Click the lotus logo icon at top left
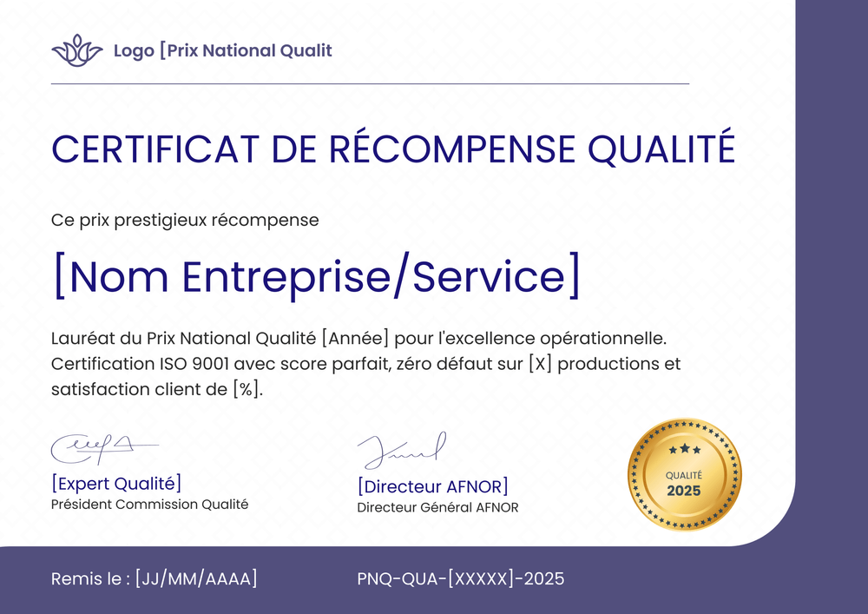(x=77, y=50)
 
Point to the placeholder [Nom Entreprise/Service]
(x=316, y=274)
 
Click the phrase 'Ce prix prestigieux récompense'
(x=185, y=220)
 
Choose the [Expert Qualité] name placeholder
(x=116, y=484)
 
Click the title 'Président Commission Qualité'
(x=149, y=504)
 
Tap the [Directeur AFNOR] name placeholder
(x=432, y=486)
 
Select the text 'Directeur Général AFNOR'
(x=437, y=507)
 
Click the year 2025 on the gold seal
(x=684, y=491)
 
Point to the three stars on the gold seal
(x=684, y=449)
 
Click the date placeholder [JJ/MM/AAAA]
(x=196, y=578)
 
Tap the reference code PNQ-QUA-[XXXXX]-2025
(x=460, y=578)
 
